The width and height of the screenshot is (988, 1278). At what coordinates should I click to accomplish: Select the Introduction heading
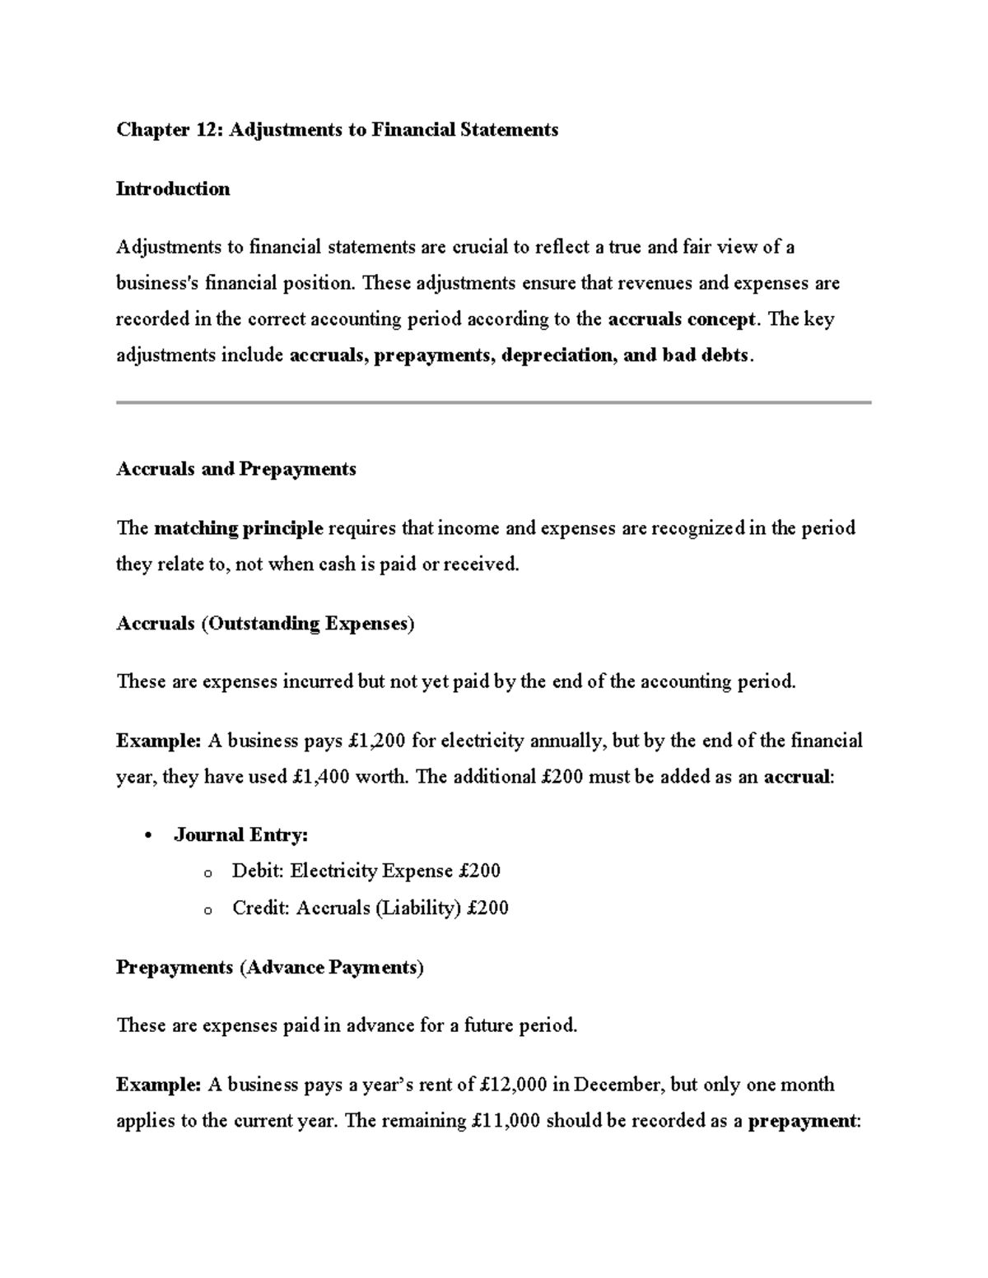pos(173,189)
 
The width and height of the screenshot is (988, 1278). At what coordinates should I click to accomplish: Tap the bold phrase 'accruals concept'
pos(681,319)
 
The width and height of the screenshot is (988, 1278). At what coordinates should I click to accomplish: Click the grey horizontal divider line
pos(493,402)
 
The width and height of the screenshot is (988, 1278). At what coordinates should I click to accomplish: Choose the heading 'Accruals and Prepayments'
pos(236,469)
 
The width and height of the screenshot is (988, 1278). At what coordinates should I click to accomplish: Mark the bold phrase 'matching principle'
pos(239,528)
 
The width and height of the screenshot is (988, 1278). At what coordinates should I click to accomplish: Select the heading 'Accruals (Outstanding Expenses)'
pos(265,624)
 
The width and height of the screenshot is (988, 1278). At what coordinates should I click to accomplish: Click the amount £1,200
pos(376,741)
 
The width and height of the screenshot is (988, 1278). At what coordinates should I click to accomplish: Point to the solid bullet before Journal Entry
pos(148,837)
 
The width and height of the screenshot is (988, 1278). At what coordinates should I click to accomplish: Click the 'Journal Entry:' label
pos(241,836)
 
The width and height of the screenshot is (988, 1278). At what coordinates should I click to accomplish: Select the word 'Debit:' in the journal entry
pos(259,871)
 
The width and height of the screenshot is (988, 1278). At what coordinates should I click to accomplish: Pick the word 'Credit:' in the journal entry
pos(261,909)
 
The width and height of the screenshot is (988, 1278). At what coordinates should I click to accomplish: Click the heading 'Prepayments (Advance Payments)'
pos(269,968)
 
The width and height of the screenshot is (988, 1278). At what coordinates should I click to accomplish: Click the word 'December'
pos(617,1085)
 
